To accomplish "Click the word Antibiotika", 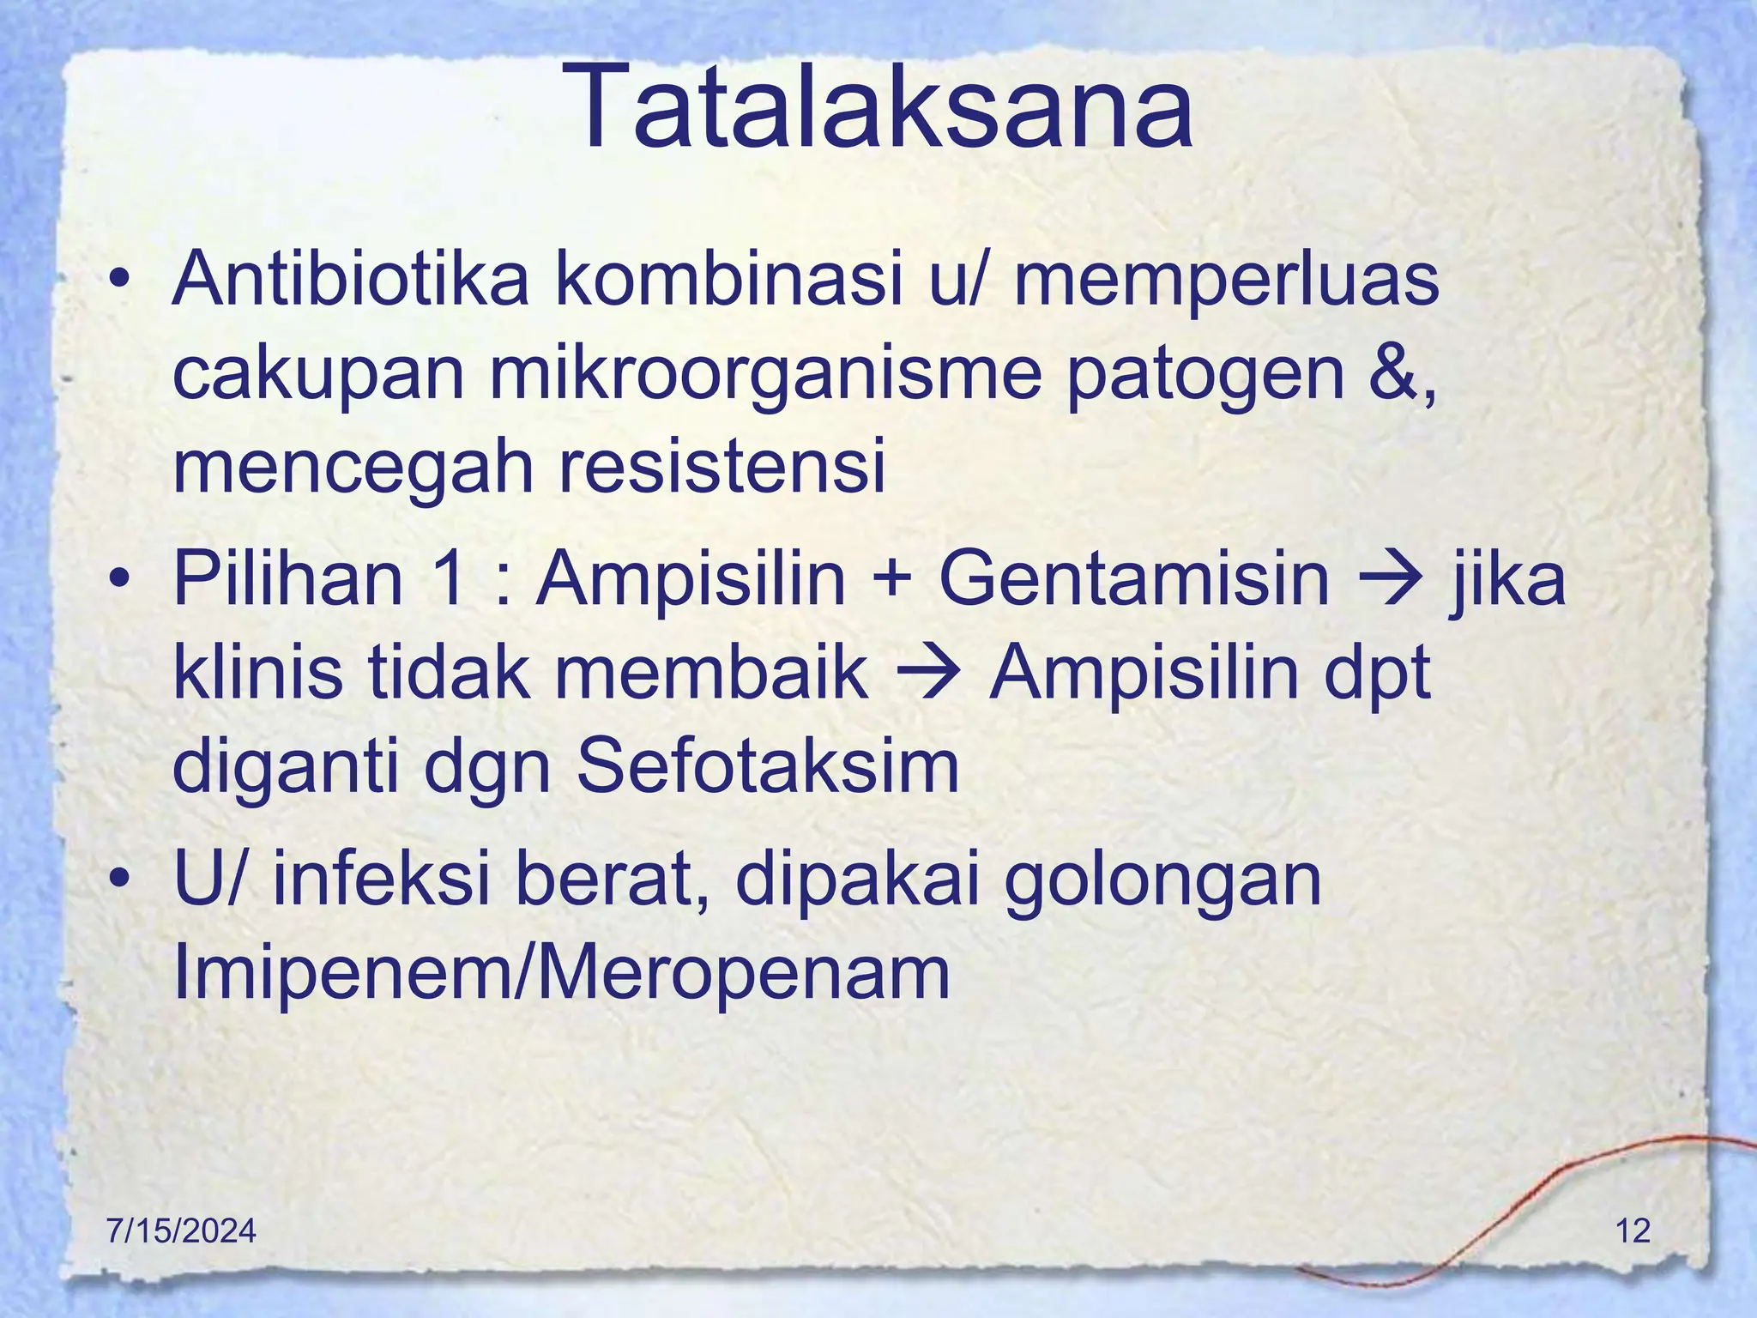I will (350, 279).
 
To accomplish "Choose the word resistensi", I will (722, 468).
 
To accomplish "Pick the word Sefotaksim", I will (767, 765).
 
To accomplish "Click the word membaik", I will (712, 674).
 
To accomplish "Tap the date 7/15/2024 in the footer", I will (181, 1230).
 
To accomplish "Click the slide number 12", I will (1633, 1230).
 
